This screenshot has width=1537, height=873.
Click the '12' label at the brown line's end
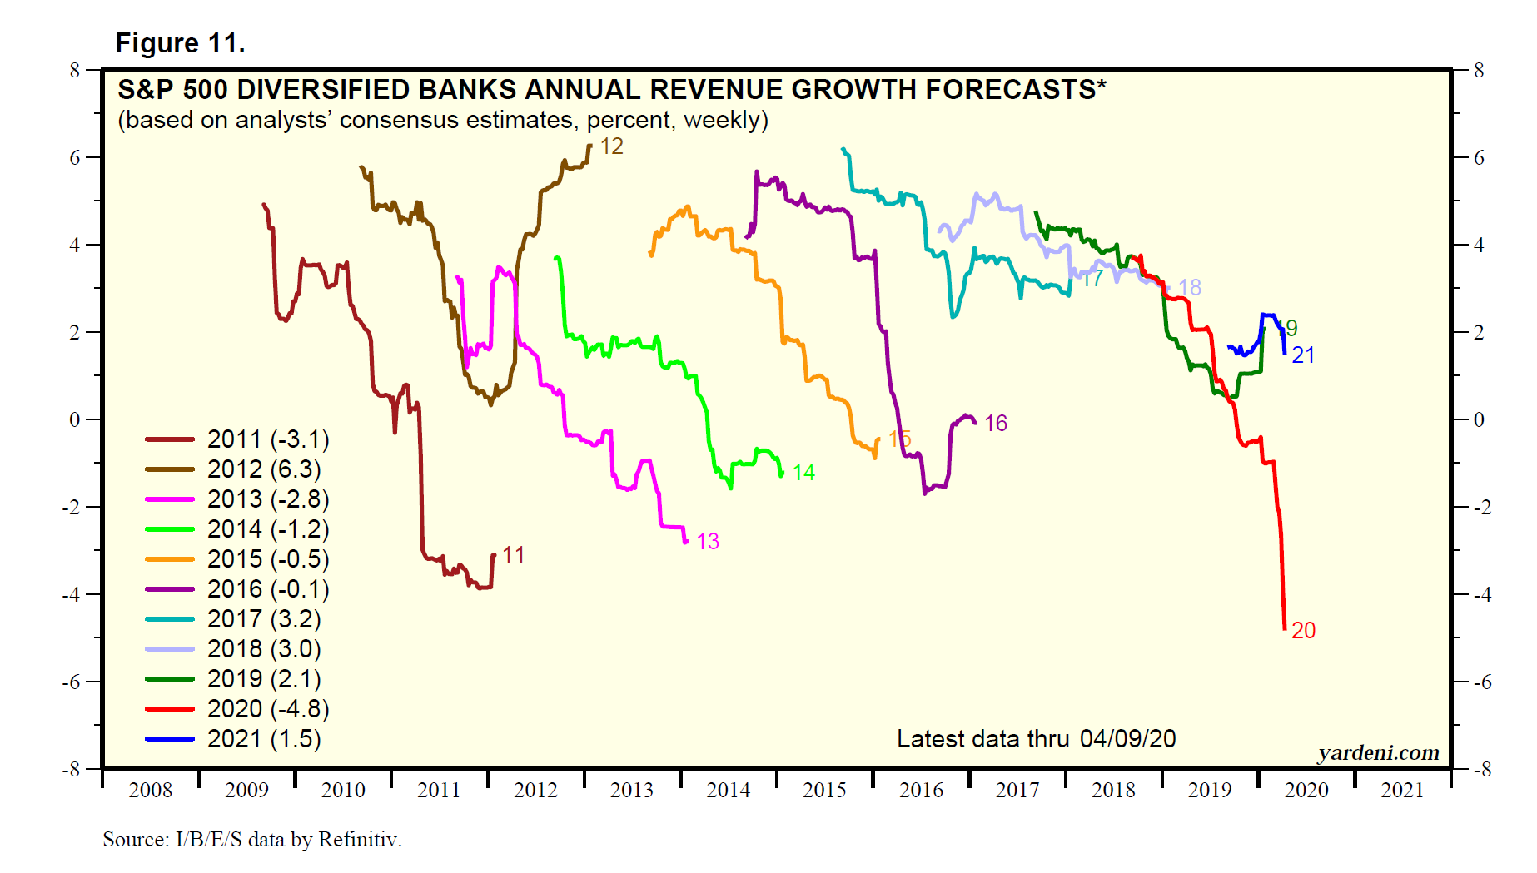tap(612, 147)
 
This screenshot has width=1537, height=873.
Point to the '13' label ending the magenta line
tap(708, 542)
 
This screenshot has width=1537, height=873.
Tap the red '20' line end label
tap(1304, 631)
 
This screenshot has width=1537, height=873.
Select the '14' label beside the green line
tap(803, 473)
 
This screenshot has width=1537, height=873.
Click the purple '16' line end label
tap(997, 424)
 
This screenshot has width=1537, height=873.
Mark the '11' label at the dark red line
tap(514, 555)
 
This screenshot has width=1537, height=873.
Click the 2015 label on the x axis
tap(824, 791)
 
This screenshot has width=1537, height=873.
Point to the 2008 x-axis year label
tap(150, 791)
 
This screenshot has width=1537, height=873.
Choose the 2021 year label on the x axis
tap(1403, 791)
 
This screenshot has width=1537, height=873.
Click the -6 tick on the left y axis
tap(73, 682)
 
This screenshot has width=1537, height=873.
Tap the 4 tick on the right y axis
tap(1479, 246)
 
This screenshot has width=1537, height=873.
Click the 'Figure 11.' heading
tap(180, 43)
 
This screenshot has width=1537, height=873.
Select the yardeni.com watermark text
tap(1378, 753)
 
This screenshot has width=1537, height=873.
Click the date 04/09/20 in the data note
tap(1128, 739)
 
